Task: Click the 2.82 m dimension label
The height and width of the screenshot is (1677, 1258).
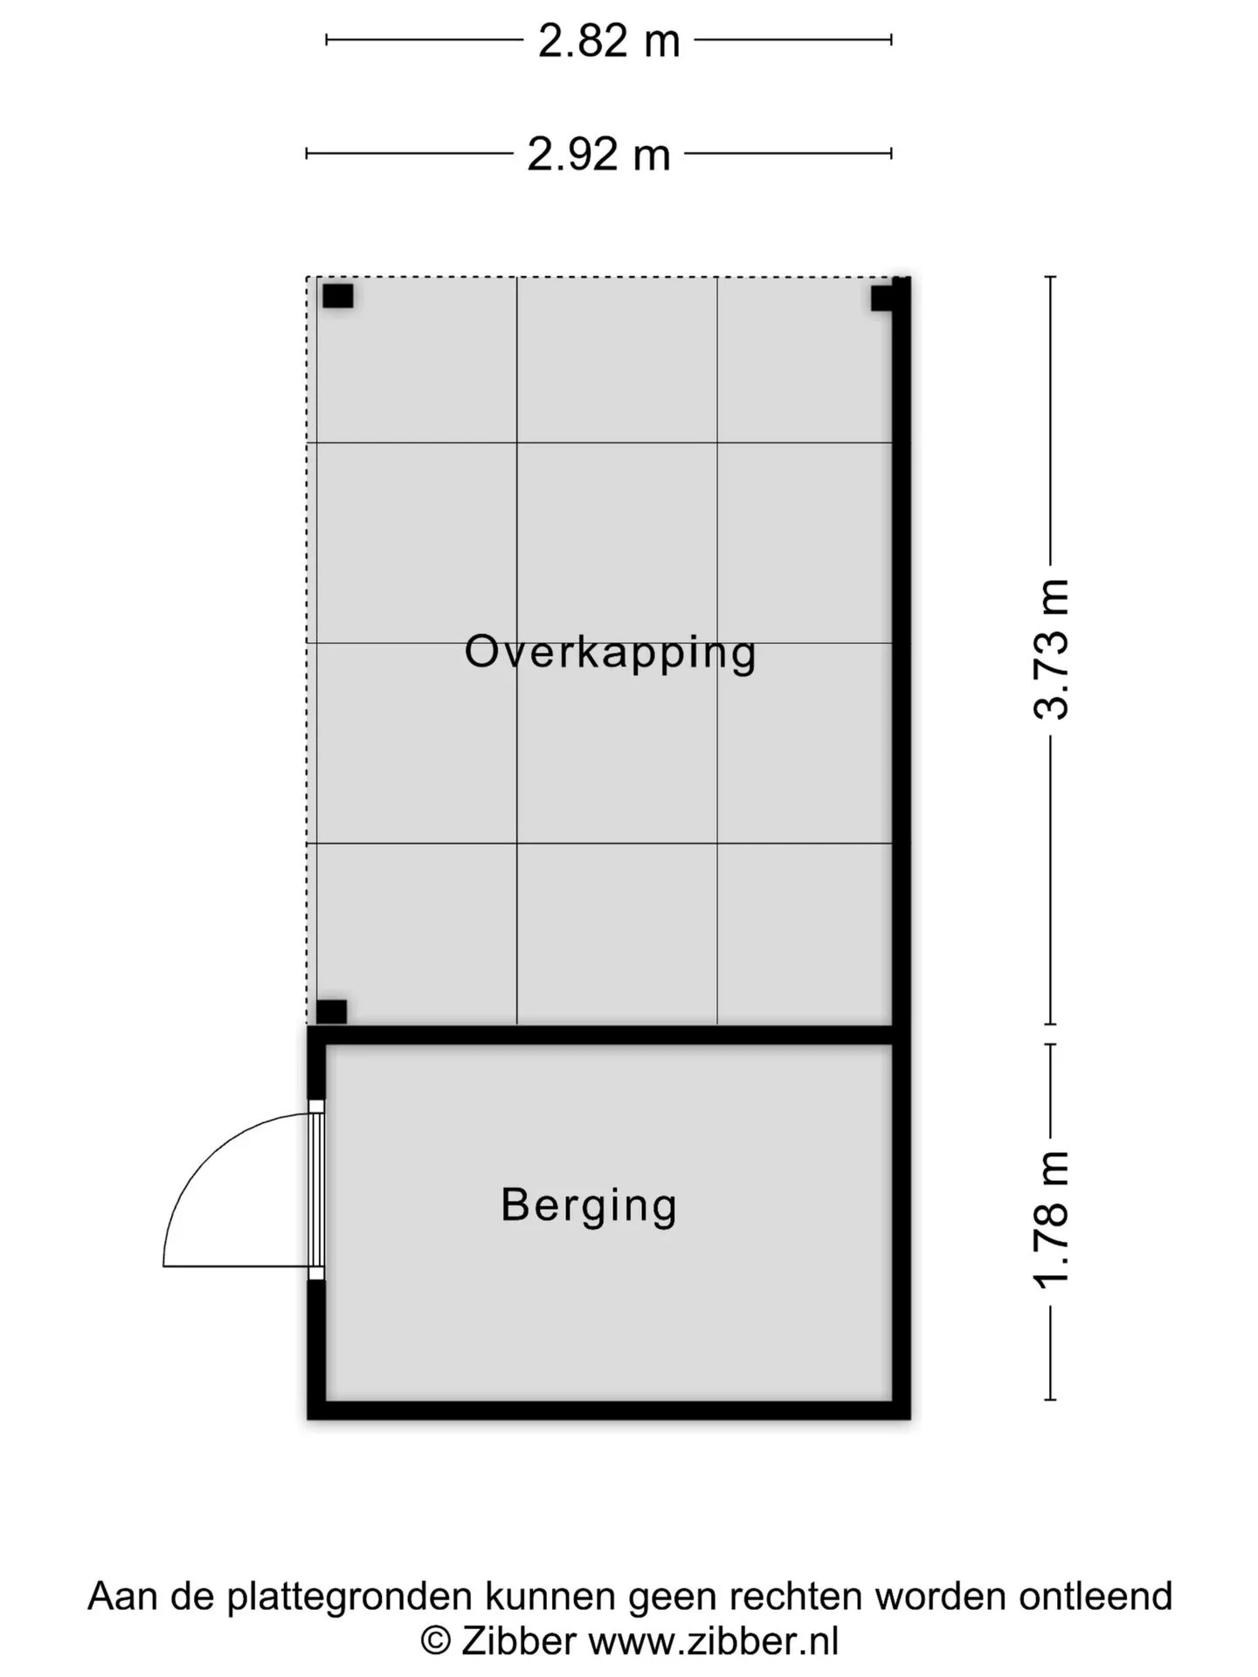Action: pos(609,40)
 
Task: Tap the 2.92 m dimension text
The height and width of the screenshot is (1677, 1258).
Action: pos(598,154)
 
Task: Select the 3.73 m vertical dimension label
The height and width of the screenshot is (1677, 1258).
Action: pos(1051,649)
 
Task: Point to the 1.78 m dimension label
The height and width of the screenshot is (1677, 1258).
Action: pos(1051,1220)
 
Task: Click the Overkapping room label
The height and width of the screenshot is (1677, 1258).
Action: pos(610,652)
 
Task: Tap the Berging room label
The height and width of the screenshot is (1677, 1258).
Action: pos(589,1206)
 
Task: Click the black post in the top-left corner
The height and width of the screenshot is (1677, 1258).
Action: pos(338,296)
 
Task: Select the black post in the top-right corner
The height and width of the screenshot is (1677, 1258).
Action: pos(882,298)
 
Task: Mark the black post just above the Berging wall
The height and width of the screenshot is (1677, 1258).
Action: pos(331,1011)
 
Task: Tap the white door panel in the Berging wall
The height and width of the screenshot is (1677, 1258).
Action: pos(316,1190)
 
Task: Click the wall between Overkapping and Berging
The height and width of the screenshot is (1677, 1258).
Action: pos(609,1035)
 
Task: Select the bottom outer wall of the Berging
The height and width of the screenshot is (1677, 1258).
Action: pos(609,1410)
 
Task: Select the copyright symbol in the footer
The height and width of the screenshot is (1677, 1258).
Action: pos(435,1642)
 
